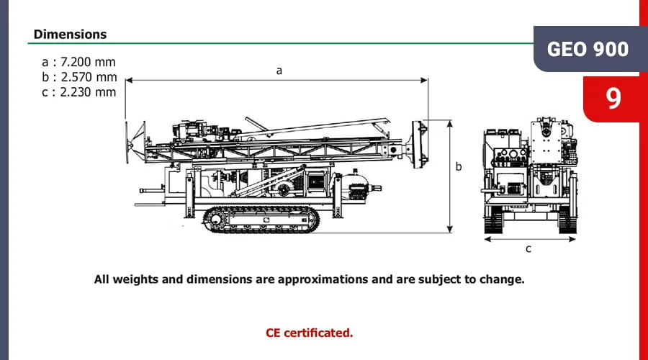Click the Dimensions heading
coord(70,34)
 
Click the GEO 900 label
coord(588,49)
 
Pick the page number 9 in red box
coord(613,99)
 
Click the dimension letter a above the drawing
coord(279,71)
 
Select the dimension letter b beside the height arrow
coord(459,166)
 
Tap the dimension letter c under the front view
coord(528,249)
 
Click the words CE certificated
coord(309,333)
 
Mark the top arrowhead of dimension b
coord(450,123)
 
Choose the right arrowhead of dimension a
coord(425,79)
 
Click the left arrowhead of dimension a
coord(129,79)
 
